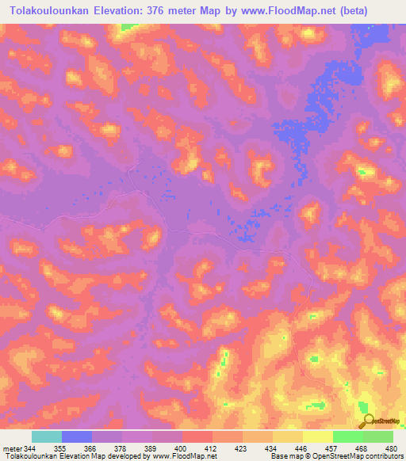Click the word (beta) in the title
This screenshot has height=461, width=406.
[377, 10]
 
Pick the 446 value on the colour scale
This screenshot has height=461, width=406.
[301, 449]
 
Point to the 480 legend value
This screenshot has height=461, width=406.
[391, 449]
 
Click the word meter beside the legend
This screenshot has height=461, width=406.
[13, 449]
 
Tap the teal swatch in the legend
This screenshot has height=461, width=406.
[47, 436]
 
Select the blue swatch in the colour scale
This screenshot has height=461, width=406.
[77, 436]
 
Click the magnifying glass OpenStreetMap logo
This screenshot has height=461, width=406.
[369, 421]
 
